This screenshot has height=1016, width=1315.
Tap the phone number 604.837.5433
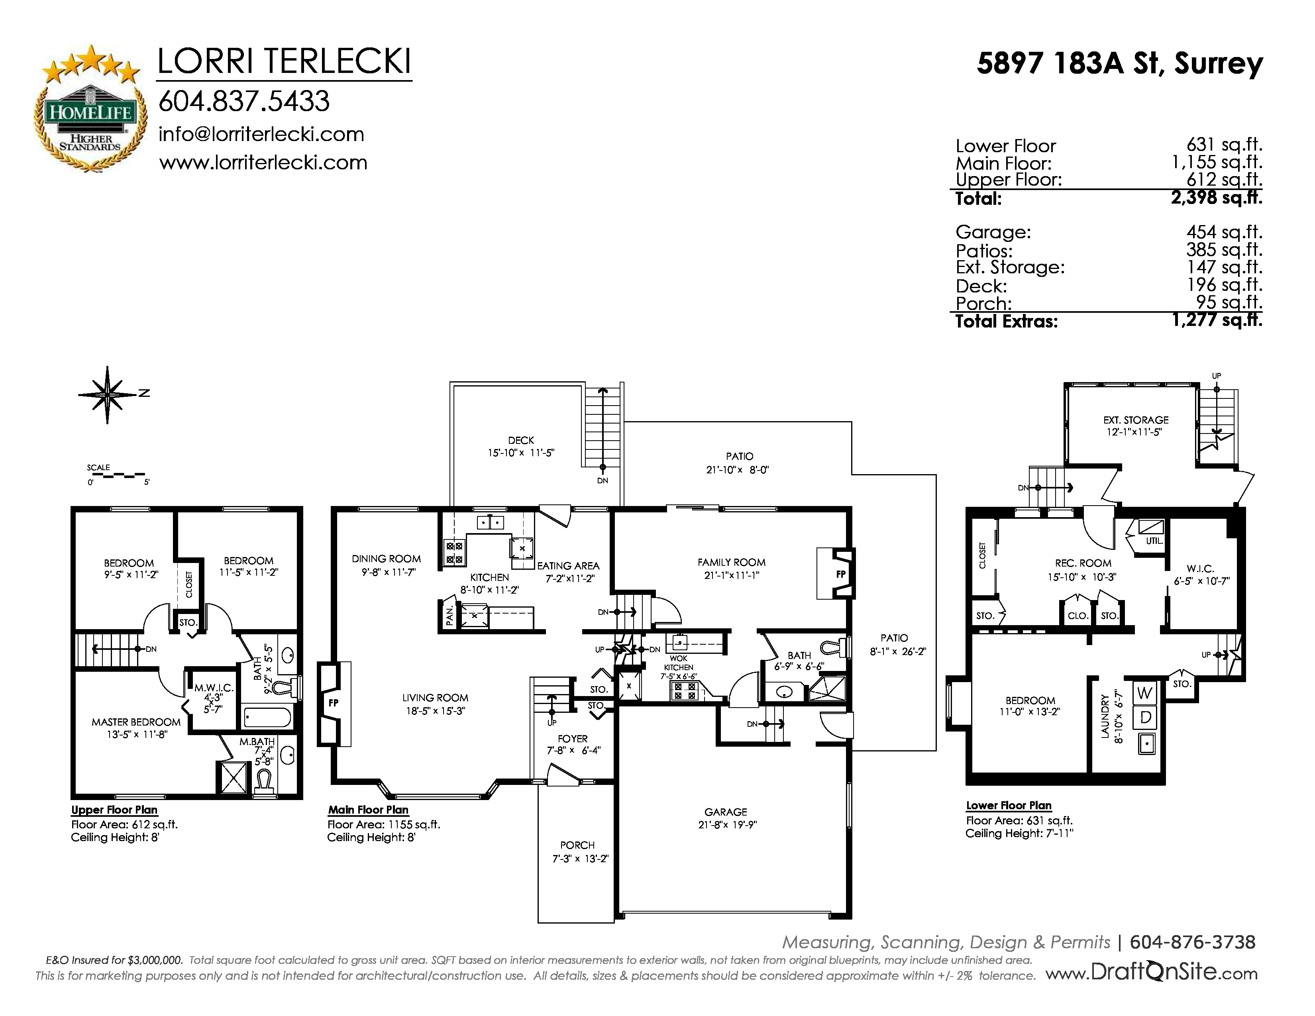(244, 101)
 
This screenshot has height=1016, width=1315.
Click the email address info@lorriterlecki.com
(261, 134)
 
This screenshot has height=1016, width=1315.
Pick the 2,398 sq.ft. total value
(1216, 197)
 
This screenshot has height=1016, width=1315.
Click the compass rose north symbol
(108, 394)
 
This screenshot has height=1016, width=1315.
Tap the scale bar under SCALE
(118, 475)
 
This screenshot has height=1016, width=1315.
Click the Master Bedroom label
(136, 722)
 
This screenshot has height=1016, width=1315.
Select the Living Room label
(435, 698)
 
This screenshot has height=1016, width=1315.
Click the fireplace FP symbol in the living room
(334, 703)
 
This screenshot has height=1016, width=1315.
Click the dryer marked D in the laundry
(1145, 717)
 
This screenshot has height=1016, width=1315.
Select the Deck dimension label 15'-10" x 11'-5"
(521, 453)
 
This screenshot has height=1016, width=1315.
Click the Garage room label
(726, 812)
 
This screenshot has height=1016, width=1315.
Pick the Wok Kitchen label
(679, 663)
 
